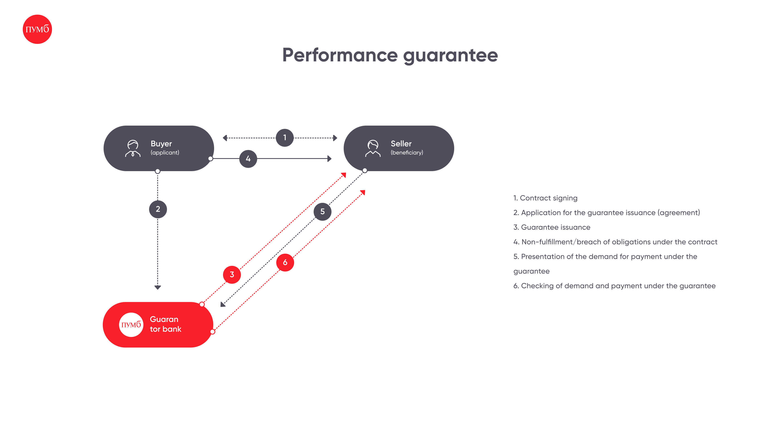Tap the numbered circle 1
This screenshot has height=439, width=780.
285,138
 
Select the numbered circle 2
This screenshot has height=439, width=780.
158,209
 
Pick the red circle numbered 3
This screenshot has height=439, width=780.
232,275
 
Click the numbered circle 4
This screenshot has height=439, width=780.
248,159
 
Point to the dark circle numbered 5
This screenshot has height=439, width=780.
323,211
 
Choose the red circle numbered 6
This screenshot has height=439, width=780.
285,262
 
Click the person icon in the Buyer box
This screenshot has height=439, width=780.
133,148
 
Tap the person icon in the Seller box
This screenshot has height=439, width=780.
373,148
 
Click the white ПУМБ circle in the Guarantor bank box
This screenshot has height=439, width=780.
131,325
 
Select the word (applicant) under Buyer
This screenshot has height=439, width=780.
165,152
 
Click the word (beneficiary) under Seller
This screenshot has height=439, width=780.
407,152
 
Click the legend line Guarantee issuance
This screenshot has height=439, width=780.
552,227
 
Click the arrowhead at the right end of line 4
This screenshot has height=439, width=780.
329,159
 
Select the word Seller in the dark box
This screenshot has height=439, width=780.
401,144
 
